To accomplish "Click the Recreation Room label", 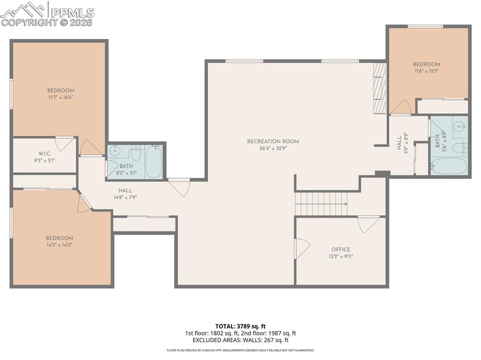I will [273, 141].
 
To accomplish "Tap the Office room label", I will [341, 250].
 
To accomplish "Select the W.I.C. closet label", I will [45, 154].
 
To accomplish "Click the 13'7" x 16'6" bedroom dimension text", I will [60, 98].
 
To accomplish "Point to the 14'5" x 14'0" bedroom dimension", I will [59, 245].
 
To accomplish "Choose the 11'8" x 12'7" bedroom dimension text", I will [427, 71].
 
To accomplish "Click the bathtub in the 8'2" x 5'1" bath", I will [153, 161].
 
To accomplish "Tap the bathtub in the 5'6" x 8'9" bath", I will [449, 166].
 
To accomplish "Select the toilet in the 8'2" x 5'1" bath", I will [136, 153].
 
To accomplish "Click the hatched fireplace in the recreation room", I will [380, 88].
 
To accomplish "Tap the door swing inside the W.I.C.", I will [65, 143].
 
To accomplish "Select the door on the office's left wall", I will [301, 248].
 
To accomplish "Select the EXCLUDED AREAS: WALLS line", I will [240, 340].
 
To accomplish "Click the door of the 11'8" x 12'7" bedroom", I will [401, 107].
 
